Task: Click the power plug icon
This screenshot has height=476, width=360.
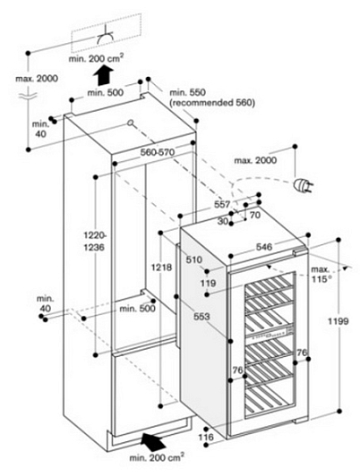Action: tap(303, 185)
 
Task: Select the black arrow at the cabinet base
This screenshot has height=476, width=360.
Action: tap(153, 442)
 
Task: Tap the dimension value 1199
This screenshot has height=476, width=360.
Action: tap(339, 321)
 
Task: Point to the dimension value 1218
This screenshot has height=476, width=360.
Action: tap(161, 268)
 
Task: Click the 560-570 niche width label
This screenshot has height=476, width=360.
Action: tap(158, 152)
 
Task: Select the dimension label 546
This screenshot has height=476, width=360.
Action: tap(263, 247)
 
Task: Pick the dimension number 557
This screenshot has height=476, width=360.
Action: tap(222, 204)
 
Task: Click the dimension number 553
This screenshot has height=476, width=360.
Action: tap(201, 317)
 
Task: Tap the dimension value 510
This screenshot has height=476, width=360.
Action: tap(193, 259)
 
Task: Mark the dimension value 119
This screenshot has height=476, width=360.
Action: tap(208, 284)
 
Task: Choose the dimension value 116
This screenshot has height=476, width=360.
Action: tap(206, 438)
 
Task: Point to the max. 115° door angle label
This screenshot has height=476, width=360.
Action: tap(321, 274)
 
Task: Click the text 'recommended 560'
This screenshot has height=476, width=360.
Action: tap(212, 103)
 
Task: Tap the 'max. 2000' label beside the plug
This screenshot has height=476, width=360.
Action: tap(255, 160)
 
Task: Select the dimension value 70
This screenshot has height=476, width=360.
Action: tap(255, 215)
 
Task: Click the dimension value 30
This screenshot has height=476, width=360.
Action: tap(223, 221)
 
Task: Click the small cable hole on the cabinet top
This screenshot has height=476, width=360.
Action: tap(131, 123)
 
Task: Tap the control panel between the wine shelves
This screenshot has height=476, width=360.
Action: tap(270, 332)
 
